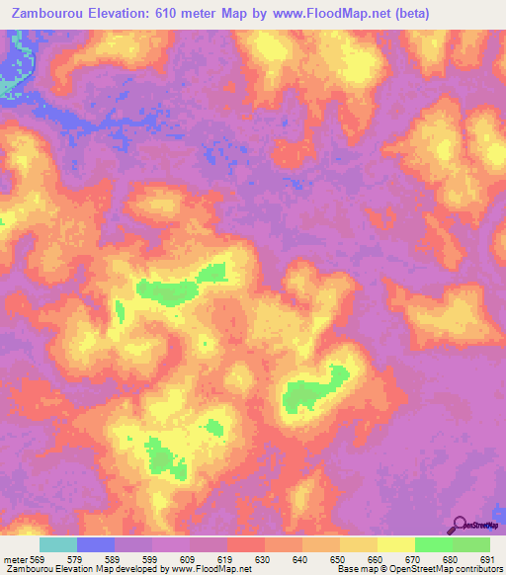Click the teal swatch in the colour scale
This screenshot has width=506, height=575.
tap(58, 544)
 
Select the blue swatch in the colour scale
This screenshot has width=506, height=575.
tap(96, 544)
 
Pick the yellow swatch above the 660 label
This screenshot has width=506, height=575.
tap(359, 544)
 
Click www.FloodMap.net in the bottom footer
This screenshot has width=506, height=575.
tap(211, 570)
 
